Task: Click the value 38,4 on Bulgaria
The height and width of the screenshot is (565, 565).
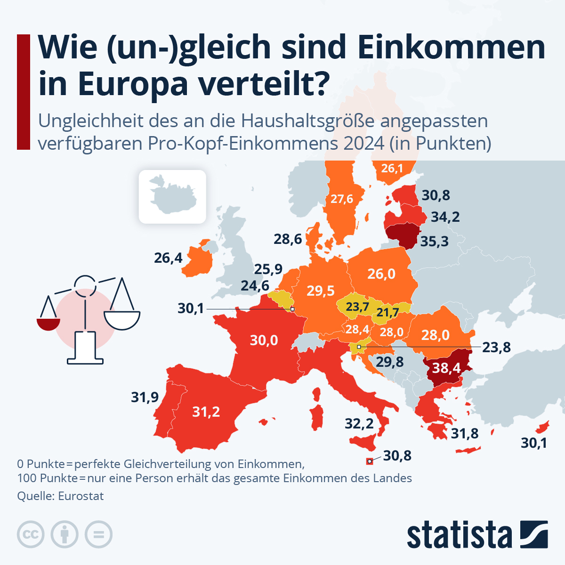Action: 446,367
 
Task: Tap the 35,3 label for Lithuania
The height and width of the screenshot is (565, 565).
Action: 434,242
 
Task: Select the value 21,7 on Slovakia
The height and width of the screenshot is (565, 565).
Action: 387,312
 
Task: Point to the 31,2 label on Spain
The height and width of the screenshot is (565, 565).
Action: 206,412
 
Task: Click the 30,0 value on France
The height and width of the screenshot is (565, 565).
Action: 264,340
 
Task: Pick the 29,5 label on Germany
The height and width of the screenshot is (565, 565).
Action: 321,291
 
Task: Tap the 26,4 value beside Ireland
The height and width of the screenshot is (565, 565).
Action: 168,258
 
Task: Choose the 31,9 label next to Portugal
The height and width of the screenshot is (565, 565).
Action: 145,397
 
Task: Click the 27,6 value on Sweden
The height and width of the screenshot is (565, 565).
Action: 341,199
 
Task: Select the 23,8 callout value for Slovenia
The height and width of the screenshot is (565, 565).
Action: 496,347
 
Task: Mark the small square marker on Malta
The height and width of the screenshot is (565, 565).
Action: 370,461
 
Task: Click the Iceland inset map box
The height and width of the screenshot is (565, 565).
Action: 172,196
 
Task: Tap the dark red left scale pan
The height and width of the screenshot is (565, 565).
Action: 48,324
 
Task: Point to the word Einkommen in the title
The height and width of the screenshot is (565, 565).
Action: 451,47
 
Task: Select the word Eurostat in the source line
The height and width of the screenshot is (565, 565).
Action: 81,496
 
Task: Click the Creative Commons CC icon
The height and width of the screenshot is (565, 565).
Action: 31,535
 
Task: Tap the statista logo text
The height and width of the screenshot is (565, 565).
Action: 459,535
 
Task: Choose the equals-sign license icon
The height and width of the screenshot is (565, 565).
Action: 99,535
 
